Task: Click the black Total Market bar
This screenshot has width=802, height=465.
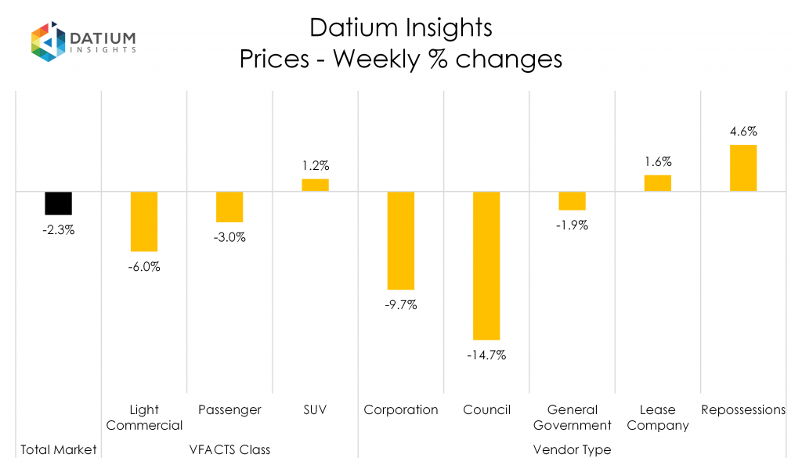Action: tap(58, 203)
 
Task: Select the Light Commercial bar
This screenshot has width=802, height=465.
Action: tap(144, 221)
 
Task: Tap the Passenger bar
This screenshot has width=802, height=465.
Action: tap(229, 207)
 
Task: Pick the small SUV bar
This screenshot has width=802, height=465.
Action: tap(316, 185)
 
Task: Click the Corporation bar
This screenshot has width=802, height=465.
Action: tap(401, 240)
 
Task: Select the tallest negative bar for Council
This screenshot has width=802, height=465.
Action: tap(486, 265)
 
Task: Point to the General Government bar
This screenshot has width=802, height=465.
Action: tap(573, 200)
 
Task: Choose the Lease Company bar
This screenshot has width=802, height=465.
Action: tap(658, 183)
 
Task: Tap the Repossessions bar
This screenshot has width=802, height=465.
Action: tap(743, 168)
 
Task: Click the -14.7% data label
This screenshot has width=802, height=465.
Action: tap(486, 355)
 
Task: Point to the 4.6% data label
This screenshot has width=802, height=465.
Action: tap(743, 132)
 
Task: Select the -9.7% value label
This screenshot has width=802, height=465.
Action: tap(401, 305)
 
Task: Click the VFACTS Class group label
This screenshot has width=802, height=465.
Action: tap(229, 449)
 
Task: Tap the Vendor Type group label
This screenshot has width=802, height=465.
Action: tap(573, 449)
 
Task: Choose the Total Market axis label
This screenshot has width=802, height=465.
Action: tap(58, 449)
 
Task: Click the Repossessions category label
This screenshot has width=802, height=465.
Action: tap(743, 409)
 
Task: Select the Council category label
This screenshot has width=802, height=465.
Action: tap(486, 409)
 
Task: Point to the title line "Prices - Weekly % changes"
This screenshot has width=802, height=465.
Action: tap(400, 59)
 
